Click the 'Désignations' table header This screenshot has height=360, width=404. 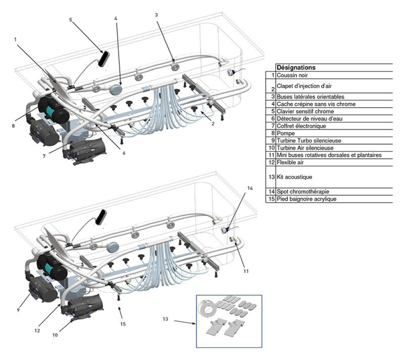296,68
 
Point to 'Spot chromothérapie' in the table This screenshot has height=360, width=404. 301,191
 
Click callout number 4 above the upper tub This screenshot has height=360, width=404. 116,19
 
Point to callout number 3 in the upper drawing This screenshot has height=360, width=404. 156,15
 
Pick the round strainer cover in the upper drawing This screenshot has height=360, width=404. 116,89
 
